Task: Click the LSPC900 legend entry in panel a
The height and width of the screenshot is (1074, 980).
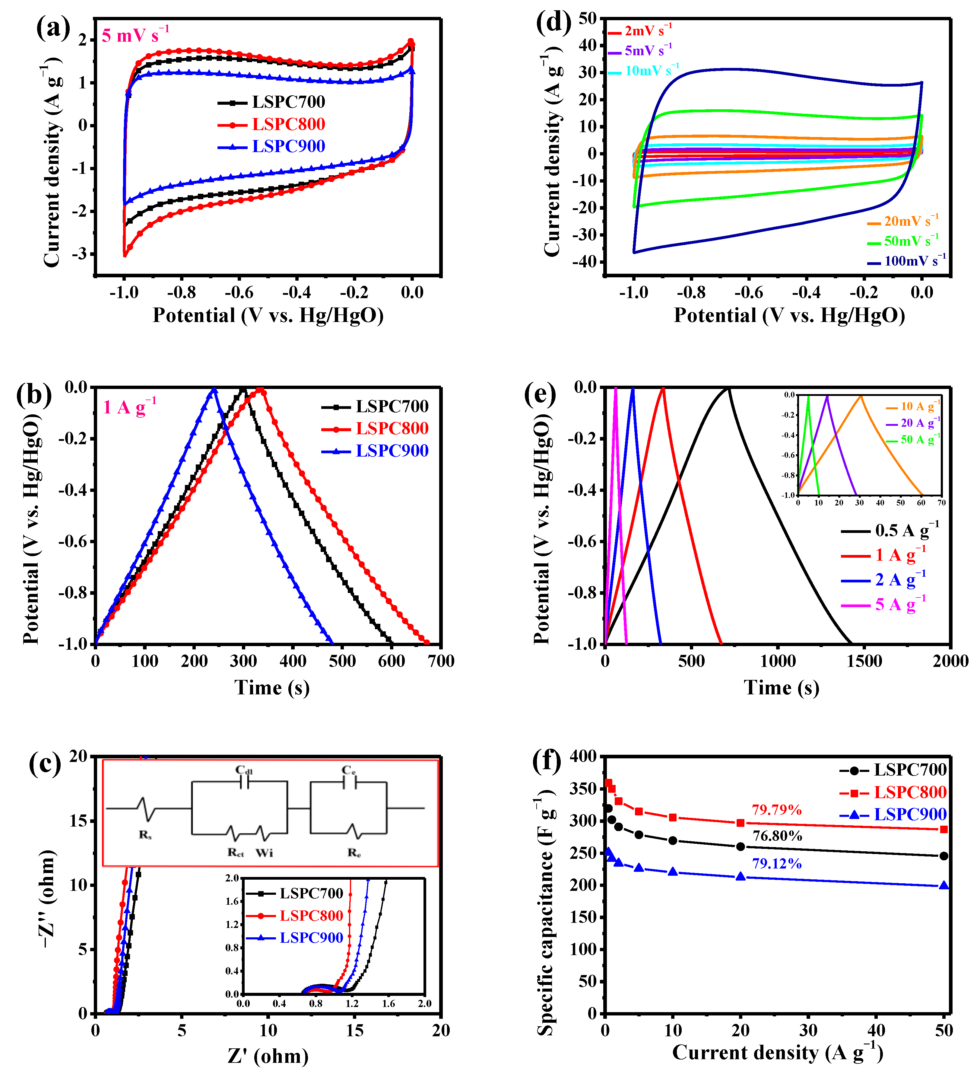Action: coord(288,146)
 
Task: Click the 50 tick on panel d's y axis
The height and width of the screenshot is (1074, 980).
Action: coord(588,19)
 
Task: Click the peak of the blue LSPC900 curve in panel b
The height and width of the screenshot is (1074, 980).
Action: coord(214,389)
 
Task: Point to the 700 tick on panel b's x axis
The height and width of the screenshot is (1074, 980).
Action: coord(440,661)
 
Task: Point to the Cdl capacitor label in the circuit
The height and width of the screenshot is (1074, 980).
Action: coord(244,770)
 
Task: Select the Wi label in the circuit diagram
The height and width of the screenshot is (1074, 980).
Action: coord(264,853)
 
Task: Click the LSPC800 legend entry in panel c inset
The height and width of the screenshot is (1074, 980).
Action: coord(311,915)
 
